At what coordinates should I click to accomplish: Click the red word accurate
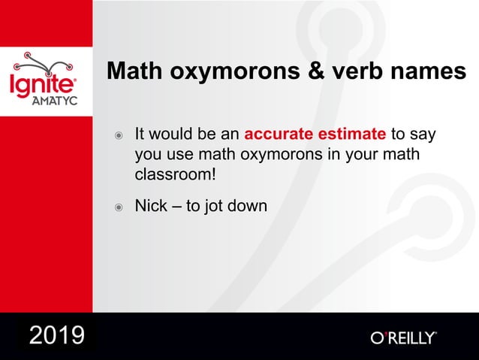pos(276,135)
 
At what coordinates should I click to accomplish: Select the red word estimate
pos(349,135)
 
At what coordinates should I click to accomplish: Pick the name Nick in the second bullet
pos(150,205)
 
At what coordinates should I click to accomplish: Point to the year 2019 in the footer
pos(56,335)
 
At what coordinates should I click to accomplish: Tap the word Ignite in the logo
pos(42,83)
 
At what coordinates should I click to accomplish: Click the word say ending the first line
pos(423,136)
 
